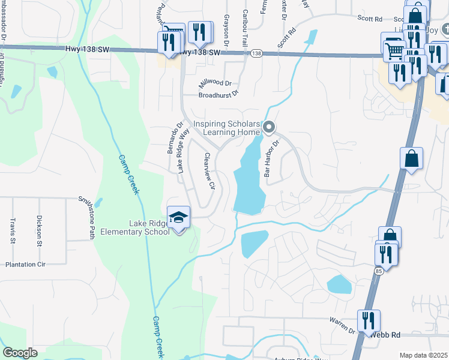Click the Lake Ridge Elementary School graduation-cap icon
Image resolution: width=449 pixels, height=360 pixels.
click(x=178, y=217)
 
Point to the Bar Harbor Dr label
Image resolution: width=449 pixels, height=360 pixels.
click(x=273, y=158)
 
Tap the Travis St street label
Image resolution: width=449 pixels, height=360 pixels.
click(x=12, y=231)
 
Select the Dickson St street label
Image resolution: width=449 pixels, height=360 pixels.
click(x=39, y=231)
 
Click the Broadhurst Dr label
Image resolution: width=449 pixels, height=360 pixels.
click(x=218, y=94)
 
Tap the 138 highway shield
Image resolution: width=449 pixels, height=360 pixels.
click(x=256, y=54)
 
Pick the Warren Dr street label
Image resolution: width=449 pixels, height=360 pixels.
click(x=342, y=326)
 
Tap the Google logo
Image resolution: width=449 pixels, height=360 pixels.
click(x=20, y=353)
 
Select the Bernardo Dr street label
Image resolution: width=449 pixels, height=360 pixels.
click(x=170, y=137)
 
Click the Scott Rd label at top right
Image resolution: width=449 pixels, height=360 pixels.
click(x=370, y=19)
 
